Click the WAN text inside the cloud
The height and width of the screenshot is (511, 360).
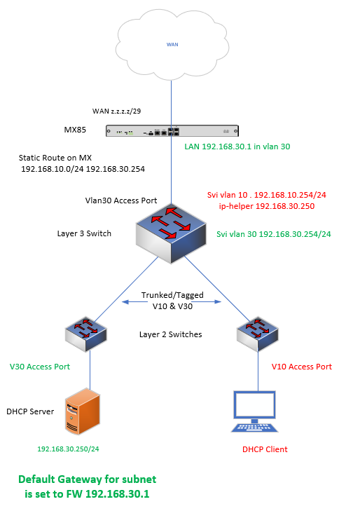point(172,44)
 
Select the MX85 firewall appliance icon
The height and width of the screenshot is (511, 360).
point(172,130)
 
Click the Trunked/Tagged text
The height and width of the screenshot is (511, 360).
point(172,295)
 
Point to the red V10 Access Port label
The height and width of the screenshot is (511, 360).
point(301,367)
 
